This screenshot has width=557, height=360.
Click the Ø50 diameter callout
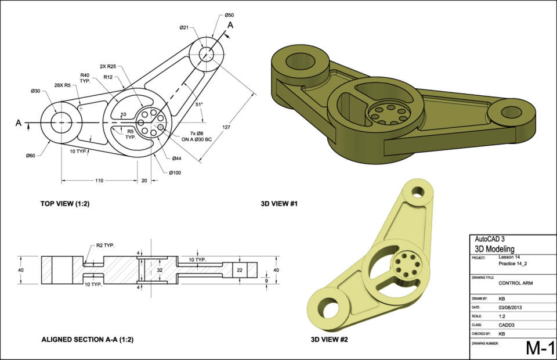[230, 15]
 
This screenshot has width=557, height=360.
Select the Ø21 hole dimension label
[185, 27]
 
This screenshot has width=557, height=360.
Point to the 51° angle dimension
[199, 105]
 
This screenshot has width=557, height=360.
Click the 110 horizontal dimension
[99, 181]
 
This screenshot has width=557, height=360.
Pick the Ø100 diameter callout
[176, 172]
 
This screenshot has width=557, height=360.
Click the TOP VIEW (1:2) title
[65, 204]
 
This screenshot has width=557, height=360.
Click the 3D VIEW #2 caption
[329, 339]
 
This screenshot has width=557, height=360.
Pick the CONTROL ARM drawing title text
[515, 283]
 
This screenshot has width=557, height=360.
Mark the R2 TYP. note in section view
[106, 245]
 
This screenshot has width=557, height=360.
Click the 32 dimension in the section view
[161, 270]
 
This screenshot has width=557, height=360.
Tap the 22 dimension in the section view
[240, 270]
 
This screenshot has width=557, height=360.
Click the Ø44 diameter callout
[176, 159]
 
